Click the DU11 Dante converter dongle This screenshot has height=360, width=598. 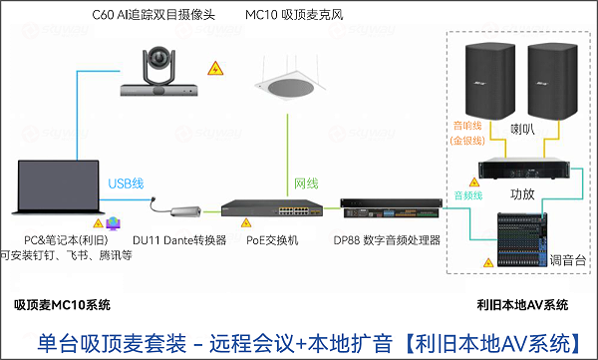click(x=178, y=209)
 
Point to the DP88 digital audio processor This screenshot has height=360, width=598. click(x=376, y=211)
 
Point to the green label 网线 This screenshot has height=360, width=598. click(x=306, y=184)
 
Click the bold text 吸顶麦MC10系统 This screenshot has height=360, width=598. click(x=62, y=303)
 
